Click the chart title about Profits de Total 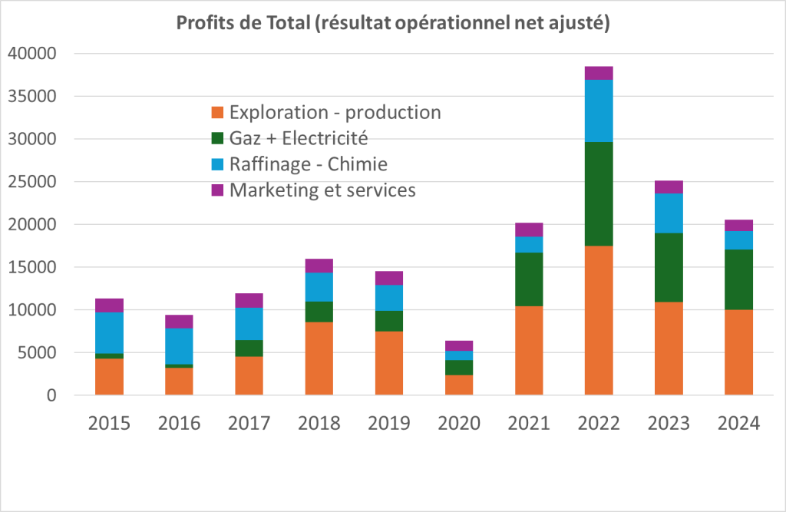pyautogui.click(x=393, y=24)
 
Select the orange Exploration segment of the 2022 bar pyautogui.click(x=599, y=320)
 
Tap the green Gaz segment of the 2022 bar pyautogui.click(x=599, y=193)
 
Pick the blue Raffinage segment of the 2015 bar pyautogui.click(x=110, y=332)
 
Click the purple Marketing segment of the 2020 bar pyautogui.click(x=459, y=346)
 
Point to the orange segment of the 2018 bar pyautogui.click(x=319, y=358)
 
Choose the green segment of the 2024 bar pyautogui.click(x=738, y=279)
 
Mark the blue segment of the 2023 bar pyautogui.click(x=669, y=213)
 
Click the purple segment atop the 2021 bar pyautogui.click(x=529, y=230)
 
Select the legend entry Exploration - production pyautogui.click(x=335, y=112)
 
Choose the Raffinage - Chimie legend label pyautogui.click(x=308, y=164)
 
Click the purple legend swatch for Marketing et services pyautogui.click(x=217, y=190)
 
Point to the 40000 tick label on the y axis pyautogui.click(x=32, y=54)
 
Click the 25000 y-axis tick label pyautogui.click(x=32, y=182)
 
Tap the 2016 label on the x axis pyautogui.click(x=180, y=423)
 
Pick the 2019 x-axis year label pyautogui.click(x=389, y=423)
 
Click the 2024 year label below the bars pyautogui.click(x=738, y=423)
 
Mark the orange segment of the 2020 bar pyautogui.click(x=459, y=385)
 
